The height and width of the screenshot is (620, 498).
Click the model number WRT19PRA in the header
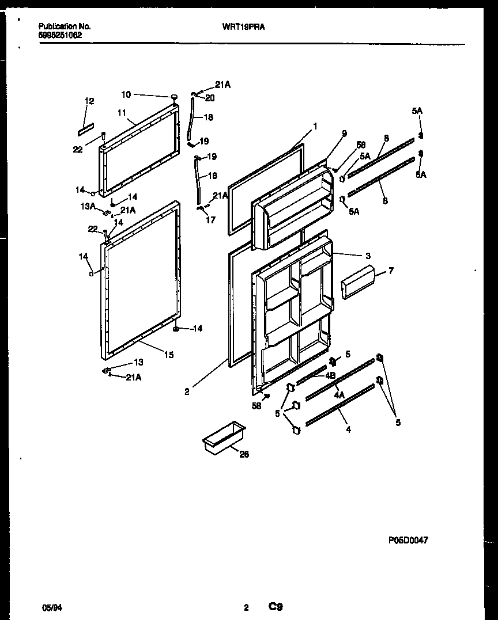point(243,26)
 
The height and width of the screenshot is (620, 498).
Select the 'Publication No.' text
point(64,26)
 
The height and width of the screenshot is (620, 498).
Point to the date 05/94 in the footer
point(50,607)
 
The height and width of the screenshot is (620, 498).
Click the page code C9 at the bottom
point(275,607)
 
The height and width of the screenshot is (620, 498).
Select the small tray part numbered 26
point(224,439)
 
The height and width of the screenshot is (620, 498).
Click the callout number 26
point(244,454)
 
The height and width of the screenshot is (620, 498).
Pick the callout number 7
point(391,270)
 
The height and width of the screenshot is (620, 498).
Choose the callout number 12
point(89,101)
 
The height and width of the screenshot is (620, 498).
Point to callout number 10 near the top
point(126,94)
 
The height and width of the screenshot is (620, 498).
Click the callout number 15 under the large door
point(168,355)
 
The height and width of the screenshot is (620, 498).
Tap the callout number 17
point(210,219)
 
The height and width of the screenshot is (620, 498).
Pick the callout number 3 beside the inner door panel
point(368,256)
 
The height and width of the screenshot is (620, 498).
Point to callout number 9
point(344,134)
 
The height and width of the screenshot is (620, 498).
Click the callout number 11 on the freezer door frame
point(122,113)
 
